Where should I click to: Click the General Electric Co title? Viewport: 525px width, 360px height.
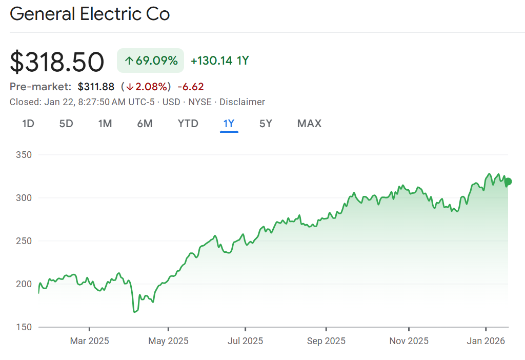(90, 14)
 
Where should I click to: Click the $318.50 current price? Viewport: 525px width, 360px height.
(57, 62)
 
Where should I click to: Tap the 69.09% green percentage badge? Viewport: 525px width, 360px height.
(150, 61)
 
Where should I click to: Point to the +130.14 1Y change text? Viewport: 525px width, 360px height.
(219, 61)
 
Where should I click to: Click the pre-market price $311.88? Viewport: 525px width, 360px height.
(96, 87)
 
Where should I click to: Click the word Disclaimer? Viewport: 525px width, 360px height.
(242, 102)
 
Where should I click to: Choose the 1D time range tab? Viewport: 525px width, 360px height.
(28, 123)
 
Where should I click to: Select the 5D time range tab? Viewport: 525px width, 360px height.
(66, 123)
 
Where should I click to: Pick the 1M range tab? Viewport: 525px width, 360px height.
(105, 123)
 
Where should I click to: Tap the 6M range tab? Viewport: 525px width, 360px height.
(145, 123)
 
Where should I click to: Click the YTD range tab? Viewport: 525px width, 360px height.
(188, 123)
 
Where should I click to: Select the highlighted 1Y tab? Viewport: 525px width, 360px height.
(229, 123)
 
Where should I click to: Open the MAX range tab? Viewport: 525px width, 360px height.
(309, 123)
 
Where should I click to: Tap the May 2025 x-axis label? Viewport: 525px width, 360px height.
(168, 341)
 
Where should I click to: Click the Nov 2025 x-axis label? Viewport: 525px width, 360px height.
(409, 341)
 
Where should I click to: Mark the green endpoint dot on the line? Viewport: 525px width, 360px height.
(508, 181)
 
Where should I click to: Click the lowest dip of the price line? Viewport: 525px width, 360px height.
(134, 311)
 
